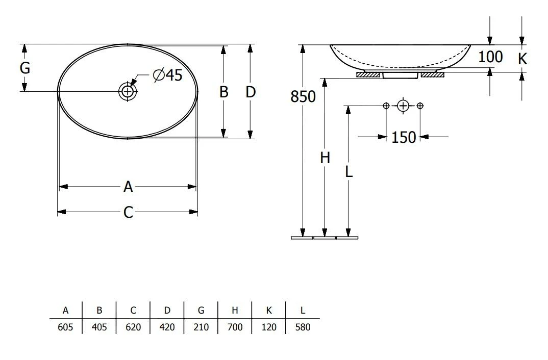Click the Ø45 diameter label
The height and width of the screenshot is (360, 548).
click(167, 75)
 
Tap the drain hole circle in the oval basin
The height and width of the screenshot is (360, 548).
click(127, 91)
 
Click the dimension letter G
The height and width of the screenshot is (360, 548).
click(24, 68)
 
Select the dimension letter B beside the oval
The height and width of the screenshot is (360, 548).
click(223, 92)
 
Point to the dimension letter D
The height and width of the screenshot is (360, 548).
click(250, 92)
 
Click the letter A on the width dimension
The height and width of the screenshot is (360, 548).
click(128, 187)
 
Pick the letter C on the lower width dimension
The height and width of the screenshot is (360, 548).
click(128, 212)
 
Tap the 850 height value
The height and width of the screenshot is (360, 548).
click(303, 96)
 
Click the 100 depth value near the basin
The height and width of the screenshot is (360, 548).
click(490, 57)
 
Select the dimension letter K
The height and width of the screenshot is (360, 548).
click(522, 59)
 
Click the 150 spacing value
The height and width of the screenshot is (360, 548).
click(404, 137)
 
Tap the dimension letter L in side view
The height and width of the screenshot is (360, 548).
click(348, 172)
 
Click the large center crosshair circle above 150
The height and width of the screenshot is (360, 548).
click(403, 106)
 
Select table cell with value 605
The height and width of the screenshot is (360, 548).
click(66, 327)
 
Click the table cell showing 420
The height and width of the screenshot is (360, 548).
click(167, 327)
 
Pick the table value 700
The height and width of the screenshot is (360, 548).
click(235, 327)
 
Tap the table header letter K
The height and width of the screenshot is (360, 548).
click(268, 310)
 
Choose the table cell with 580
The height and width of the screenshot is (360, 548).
click(303, 327)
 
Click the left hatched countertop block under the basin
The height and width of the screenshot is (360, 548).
click(368, 75)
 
